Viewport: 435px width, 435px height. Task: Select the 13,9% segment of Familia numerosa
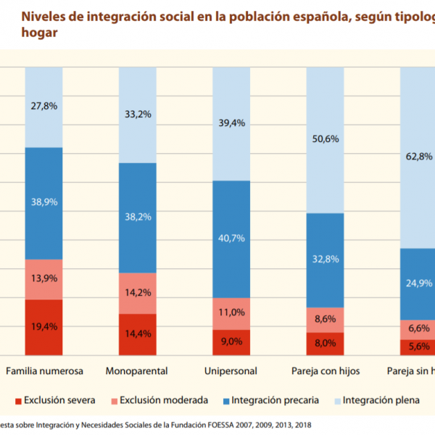[44, 279]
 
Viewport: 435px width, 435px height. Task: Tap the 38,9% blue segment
[44, 203]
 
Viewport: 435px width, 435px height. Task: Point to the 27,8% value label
[44, 105]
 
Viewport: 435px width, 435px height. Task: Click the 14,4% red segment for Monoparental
[138, 334]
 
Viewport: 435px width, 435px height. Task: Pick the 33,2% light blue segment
[138, 115]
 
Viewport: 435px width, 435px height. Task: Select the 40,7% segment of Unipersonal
[231, 239]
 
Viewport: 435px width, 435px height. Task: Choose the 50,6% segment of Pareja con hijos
[325, 141]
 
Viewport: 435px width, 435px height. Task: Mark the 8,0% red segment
[325, 344]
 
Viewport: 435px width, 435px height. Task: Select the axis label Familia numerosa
[44, 371]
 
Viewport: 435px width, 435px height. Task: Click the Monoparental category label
[138, 371]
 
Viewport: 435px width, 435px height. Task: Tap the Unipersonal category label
[231, 371]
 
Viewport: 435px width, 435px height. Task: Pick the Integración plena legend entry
[381, 399]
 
